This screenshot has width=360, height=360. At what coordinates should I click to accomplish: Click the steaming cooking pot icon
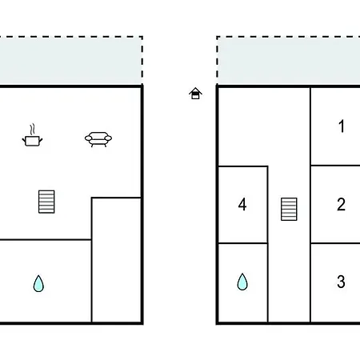(x=32, y=138)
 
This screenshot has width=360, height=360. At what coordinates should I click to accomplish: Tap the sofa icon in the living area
(x=98, y=139)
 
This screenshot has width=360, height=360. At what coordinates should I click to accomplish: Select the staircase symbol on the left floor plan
(x=46, y=202)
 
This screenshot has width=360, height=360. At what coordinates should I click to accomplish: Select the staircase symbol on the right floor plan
(x=289, y=209)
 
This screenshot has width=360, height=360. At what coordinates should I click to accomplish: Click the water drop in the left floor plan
(x=38, y=283)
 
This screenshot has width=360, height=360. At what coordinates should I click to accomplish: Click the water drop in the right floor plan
(x=242, y=282)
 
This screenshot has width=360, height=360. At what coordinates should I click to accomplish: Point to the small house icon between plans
(x=195, y=94)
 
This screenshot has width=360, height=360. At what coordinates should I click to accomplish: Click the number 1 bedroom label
(x=342, y=126)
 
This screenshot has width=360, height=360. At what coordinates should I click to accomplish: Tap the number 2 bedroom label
(x=341, y=205)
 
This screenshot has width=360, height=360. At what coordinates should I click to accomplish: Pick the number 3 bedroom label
(x=341, y=282)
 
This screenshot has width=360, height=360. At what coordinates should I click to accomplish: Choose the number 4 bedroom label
(x=242, y=205)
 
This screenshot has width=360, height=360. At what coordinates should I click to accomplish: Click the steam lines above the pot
(x=32, y=130)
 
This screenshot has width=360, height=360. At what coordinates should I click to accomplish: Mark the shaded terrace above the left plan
(x=71, y=61)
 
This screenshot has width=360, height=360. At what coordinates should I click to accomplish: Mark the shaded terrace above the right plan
(x=289, y=61)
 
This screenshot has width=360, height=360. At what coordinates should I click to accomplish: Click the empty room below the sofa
(x=116, y=260)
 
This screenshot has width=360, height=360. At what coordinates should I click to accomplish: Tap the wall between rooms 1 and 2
(x=335, y=166)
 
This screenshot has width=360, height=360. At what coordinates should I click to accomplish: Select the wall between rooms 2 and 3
(x=335, y=243)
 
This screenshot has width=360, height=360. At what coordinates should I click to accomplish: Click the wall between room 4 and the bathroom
(x=243, y=243)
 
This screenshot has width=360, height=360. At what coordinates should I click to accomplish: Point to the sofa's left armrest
(x=88, y=138)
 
